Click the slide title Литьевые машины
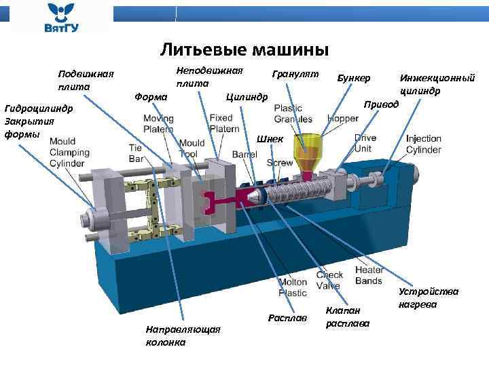244,49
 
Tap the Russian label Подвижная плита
86,80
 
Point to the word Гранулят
295,73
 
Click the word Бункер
353,78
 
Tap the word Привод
380,106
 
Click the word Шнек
270,139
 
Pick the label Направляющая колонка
183,335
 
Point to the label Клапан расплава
347,317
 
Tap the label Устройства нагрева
429,298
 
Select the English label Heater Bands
369,275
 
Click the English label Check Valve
329,281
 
